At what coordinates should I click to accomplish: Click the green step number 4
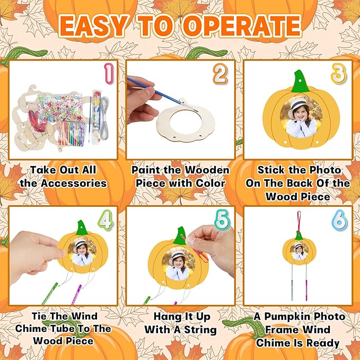point(106,220)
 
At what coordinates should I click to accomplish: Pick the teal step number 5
point(221,220)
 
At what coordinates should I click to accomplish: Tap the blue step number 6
point(338,220)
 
